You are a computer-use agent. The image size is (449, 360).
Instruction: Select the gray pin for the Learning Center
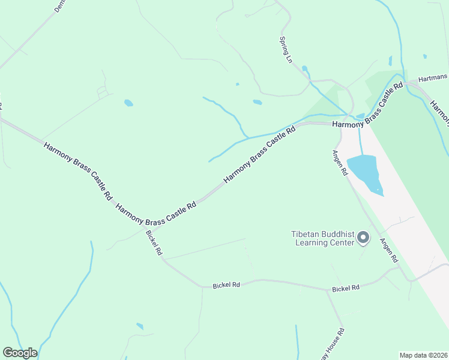tap(363, 239)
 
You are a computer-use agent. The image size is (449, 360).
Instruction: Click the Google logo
tap(20, 353)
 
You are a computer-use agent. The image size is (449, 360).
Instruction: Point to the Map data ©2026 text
tap(423, 355)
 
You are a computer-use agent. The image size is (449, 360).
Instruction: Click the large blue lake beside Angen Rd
tap(364, 172)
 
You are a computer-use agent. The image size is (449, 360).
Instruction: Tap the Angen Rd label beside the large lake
tap(340, 163)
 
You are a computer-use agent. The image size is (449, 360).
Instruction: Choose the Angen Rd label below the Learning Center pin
tap(388, 250)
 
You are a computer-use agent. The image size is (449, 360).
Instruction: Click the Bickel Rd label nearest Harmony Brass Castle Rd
tap(154, 243)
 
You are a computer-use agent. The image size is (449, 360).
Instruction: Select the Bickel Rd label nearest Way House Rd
tap(345, 289)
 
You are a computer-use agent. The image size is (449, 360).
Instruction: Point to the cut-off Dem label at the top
tap(59, 7)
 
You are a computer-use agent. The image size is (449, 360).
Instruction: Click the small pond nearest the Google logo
tap(140, 326)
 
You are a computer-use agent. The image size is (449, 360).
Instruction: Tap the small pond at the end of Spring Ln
tap(305, 69)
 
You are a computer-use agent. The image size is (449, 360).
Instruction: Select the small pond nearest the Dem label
tap(128, 103)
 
